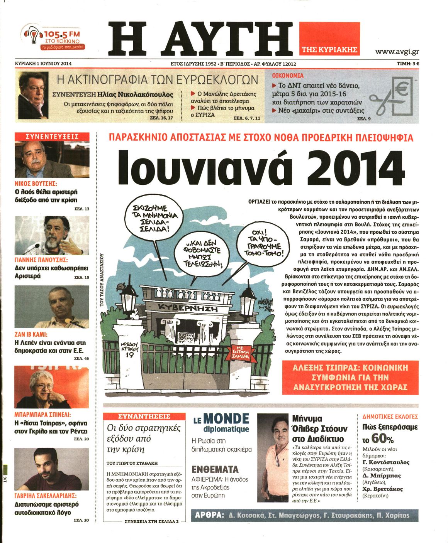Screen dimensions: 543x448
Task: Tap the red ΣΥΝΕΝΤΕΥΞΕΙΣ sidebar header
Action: click(52, 137)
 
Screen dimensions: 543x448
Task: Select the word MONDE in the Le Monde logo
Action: click(226, 418)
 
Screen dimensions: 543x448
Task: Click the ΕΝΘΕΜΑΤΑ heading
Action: click(215, 469)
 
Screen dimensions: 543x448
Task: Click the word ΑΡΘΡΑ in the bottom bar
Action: click(209, 515)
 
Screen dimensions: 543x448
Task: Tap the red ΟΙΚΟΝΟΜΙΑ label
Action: click(288, 76)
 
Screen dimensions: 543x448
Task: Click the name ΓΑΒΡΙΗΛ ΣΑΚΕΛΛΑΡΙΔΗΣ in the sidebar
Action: click(46, 496)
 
